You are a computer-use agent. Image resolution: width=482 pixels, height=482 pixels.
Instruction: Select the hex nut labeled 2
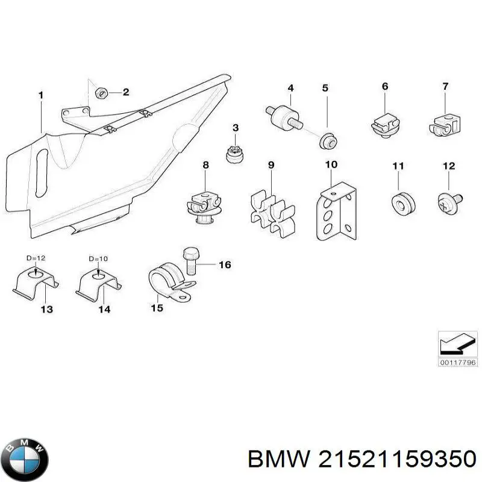click(x=102, y=92)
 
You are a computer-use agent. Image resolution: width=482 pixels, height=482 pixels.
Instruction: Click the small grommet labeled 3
click(x=234, y=154)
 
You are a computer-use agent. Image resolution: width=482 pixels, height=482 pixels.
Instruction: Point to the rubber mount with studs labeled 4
click(x=282, y=117)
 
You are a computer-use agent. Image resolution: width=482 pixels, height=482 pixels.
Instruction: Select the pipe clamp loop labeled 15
click(x=166, y=283)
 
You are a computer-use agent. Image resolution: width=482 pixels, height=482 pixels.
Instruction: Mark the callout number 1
click(x=40, y=95)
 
